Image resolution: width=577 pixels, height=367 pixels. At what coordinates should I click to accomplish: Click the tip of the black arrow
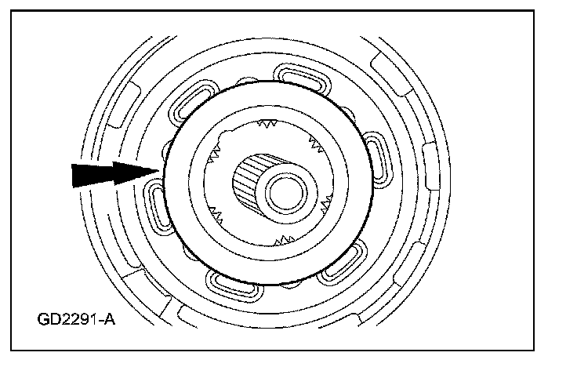pos(160,170)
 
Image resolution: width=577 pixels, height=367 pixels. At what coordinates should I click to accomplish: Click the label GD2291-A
pos(76,320)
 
